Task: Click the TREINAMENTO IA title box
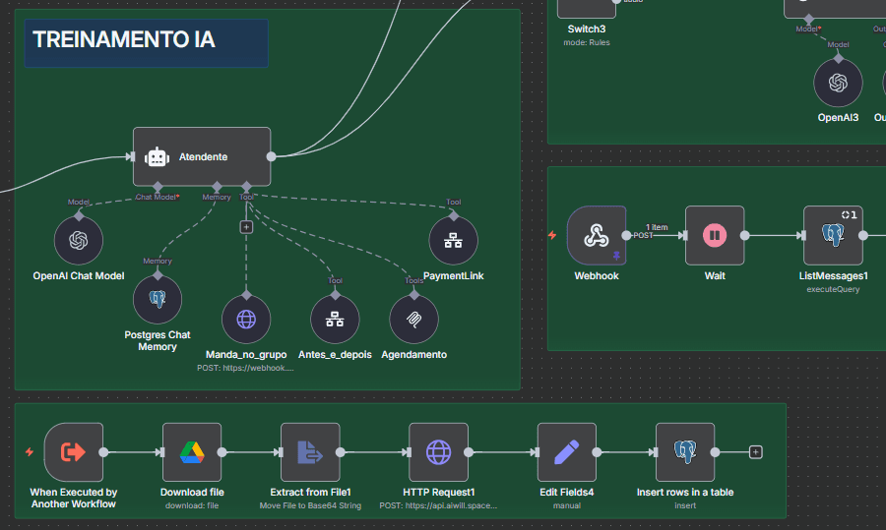coord(147,42)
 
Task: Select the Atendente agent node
coord(202,156)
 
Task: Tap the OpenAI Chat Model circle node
coord(79,240)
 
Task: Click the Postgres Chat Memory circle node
coord(158,299)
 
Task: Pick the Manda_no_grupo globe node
coord(245,319)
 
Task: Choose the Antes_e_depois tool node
coord(335,319)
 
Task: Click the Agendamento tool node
coord(413,319)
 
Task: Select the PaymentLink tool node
coord(454,240)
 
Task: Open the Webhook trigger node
coord(596,235)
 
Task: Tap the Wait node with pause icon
coord(715,235)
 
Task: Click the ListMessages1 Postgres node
coord(833,235)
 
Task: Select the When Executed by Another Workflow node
coord(74,452)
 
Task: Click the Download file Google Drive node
coord(192,452)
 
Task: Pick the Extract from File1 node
coord(310,452)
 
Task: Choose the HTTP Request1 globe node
coord(439,452)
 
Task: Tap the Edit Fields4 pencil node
coord(566,452)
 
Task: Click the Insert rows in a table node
coord(685,452)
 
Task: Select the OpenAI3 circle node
coord(838,83)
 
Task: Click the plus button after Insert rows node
coord(756,452)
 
